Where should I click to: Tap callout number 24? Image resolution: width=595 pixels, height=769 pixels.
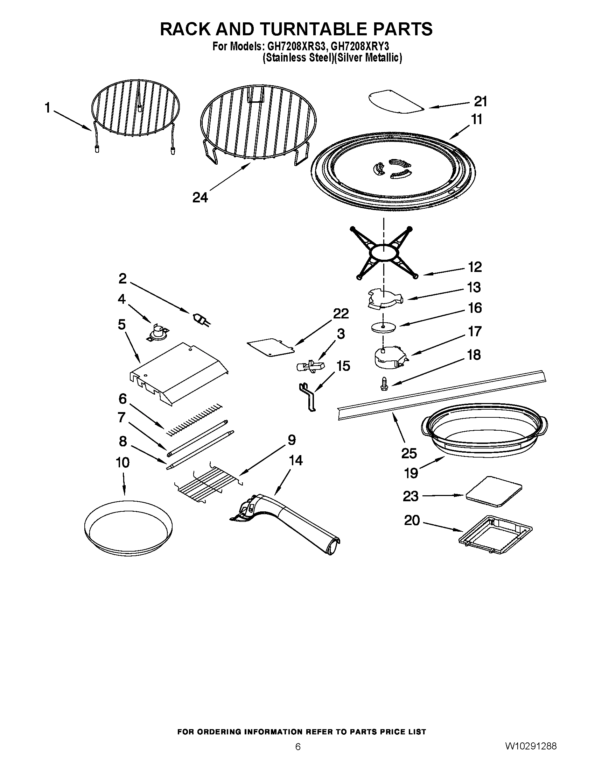tap(200, 197)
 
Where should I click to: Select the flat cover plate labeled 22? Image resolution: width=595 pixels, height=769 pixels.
tap(270, 347)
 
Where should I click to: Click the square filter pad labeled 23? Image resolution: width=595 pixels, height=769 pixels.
tap(493, 491)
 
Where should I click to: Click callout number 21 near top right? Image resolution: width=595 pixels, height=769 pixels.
tap(480, 101)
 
